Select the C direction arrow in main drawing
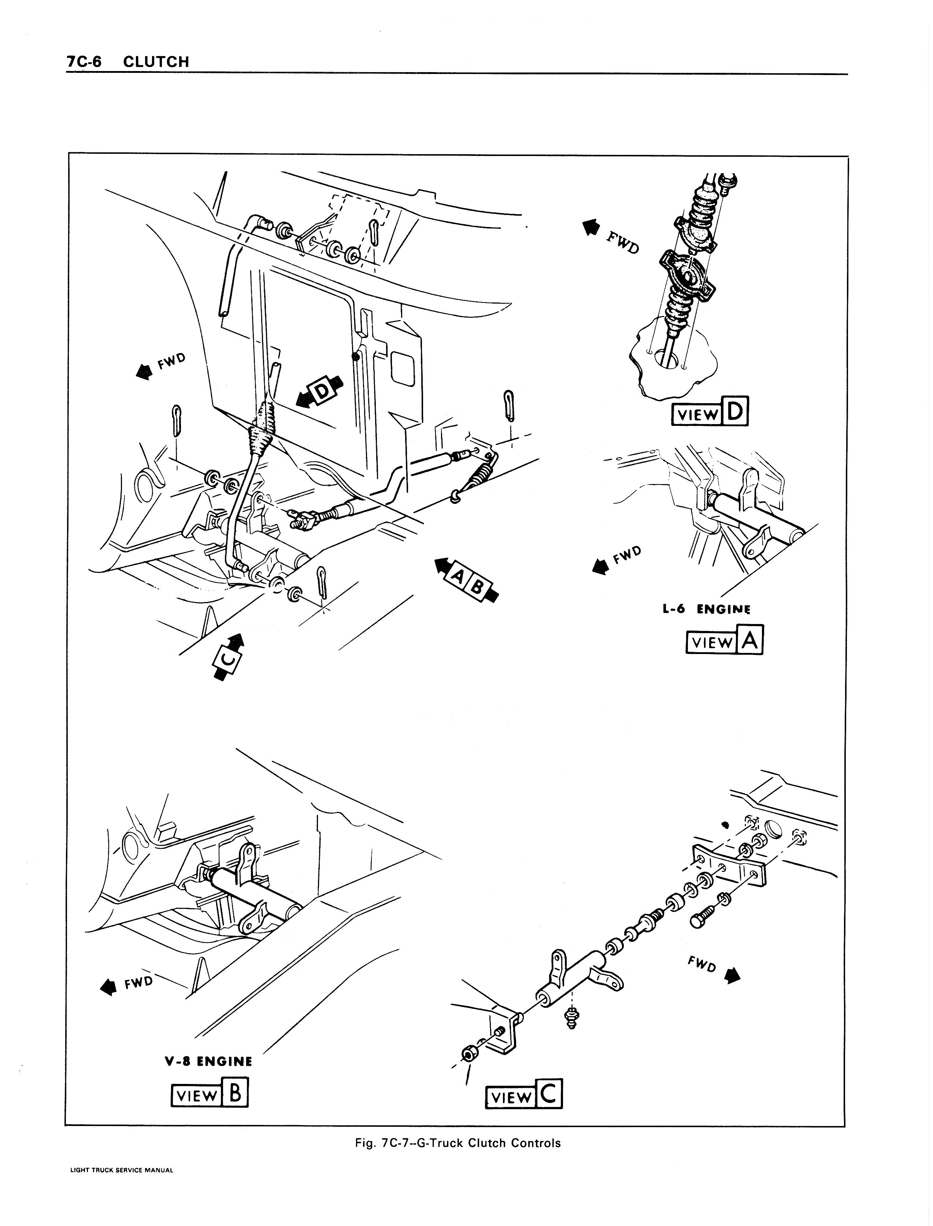coord(229,656)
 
